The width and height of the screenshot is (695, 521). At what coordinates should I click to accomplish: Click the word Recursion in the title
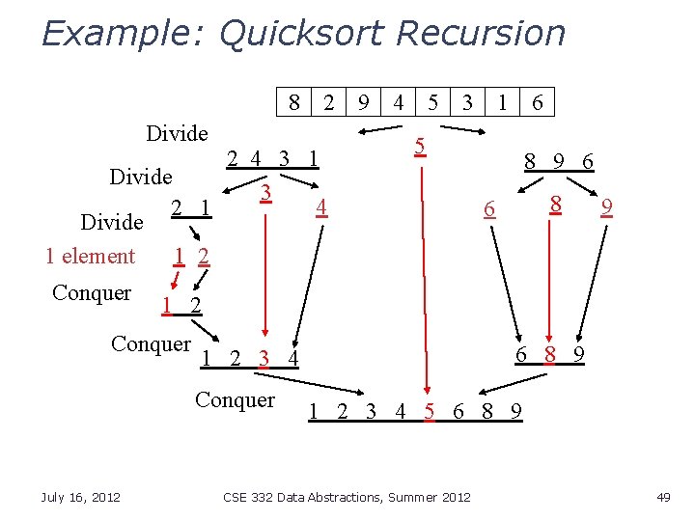click(480, 34)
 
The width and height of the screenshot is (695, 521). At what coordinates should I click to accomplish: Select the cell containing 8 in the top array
click(293, 102)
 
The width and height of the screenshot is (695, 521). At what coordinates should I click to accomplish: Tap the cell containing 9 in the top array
click(363, 102)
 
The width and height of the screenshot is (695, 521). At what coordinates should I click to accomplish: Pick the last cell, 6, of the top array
click(537, 102)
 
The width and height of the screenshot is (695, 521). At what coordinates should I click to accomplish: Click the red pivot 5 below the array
click(419, 147)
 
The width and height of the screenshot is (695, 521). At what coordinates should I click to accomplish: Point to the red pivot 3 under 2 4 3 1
click(264, 192)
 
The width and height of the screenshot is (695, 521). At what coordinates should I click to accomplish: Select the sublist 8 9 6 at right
click(558, 163)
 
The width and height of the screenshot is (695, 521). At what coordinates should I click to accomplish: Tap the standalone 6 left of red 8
click(489, 208)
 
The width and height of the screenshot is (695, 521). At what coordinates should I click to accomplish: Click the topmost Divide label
click(177, 133)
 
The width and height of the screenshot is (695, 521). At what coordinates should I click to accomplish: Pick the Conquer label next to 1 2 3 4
click(151, 343)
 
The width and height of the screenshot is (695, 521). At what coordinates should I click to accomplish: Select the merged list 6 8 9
click(549, 354)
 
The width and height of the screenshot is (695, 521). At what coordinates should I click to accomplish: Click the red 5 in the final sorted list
click(429, 412)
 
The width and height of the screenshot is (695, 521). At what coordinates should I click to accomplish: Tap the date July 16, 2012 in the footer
click(81, 497)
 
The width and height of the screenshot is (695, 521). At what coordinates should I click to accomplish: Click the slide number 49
click(662, 497)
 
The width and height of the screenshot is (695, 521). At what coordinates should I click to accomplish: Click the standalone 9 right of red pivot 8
click(605, 206)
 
